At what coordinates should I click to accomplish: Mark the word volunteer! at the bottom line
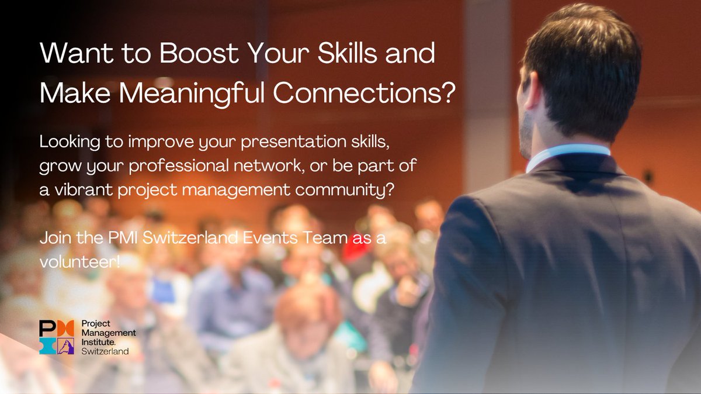pyautogui.click(x=79, y=262)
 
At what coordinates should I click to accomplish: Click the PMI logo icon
pyautogui.click(x=57, y=337)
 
